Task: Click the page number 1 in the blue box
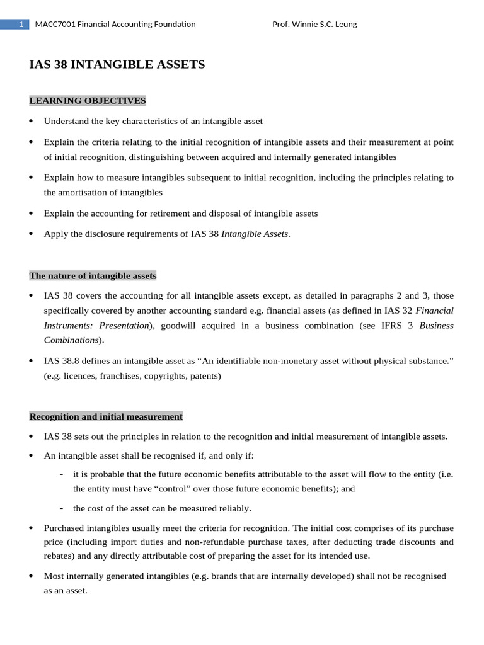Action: click(21, 25)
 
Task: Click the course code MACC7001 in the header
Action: click(55, 25)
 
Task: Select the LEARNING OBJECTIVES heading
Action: click(88, 101)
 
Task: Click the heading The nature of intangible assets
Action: click(93, 276)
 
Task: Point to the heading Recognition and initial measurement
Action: click(106, 416)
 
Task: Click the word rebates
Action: click(59, 556)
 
